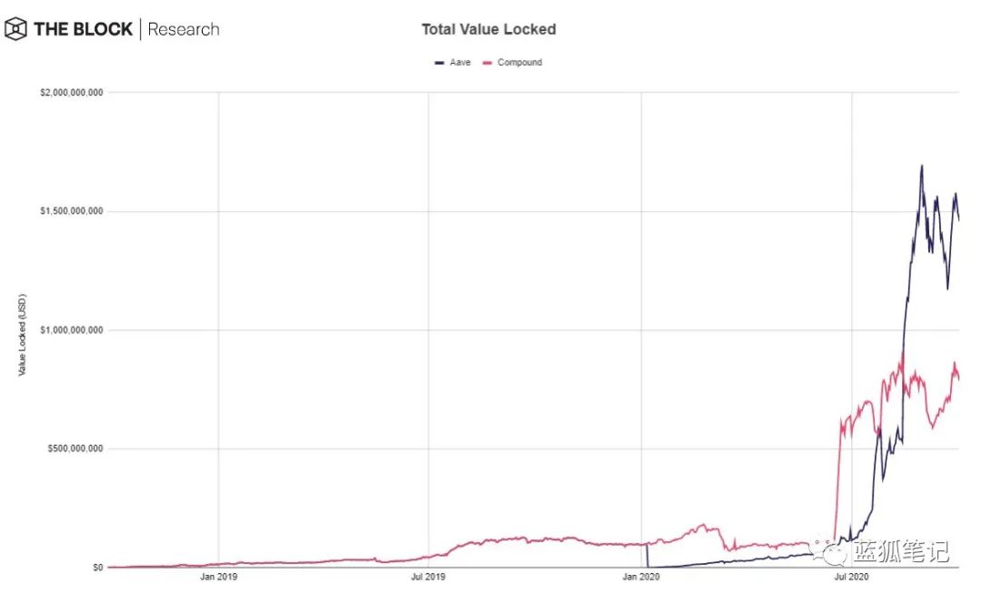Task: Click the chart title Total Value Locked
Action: (488, 29)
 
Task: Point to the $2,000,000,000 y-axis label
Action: (69, 93)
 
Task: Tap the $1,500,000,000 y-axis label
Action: (69, 211)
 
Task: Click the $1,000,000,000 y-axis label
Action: (69, 330)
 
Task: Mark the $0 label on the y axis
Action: (95, 567)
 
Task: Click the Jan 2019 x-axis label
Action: (219, 577)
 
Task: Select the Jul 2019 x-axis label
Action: (429, 577)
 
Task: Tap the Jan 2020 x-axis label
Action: (641, 577)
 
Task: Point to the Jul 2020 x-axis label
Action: (852, 577)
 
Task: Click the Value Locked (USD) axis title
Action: (23, 335)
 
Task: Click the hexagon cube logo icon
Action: (15, 29)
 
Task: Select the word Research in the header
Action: (183, 29)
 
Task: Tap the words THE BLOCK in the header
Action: (82, 29)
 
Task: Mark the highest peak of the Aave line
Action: (921, 166)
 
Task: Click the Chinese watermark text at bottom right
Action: (901, 551)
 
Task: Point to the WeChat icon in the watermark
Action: (831, 551)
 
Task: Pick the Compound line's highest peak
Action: (902, 351)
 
